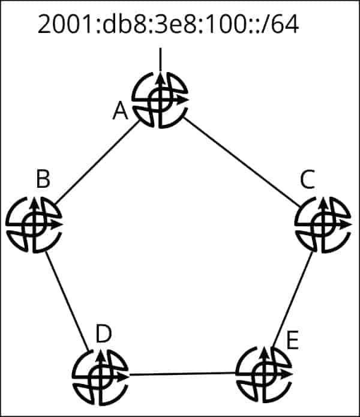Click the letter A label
click(121, 112)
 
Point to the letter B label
click(43, 179)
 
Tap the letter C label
click(307, 179)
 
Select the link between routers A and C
click(243, 159)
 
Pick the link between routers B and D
click(67, 300)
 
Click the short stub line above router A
click(160, 58)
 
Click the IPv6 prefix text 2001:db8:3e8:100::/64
click(168, 25)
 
